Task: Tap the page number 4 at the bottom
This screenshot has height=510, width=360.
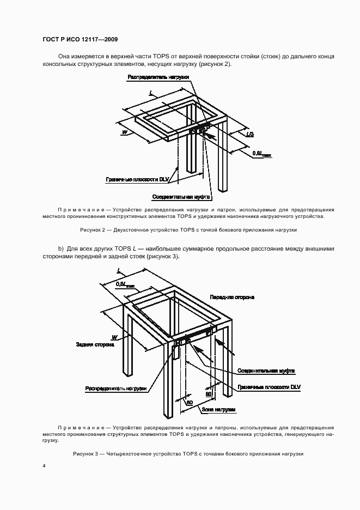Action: (x=44, y=466)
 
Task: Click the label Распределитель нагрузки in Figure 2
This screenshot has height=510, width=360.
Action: (x=158, y=78)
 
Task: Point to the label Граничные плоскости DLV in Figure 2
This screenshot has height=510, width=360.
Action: (x=138, y=179)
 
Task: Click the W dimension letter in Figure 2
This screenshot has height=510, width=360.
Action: (x=125, y=132)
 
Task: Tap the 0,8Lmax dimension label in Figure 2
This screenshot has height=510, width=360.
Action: (x=262, y=154)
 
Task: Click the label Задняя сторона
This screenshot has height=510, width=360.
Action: (x=95, y=344)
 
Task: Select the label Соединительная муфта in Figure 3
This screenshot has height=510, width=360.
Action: (x=266, y=371)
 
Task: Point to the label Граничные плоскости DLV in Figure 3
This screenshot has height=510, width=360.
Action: (x=269, y=386)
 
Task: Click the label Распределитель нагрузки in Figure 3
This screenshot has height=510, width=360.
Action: (x=115, y=388)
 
